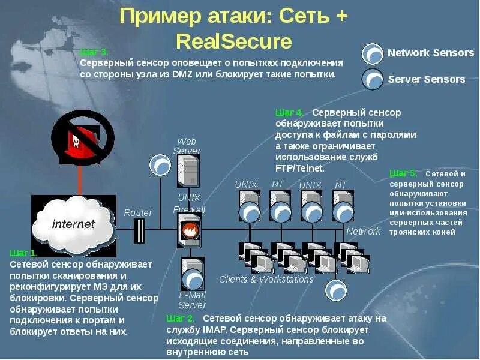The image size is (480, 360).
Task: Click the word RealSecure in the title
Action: click(234, 41)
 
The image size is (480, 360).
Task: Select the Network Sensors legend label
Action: click(430, 53)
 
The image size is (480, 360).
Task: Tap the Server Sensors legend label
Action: click(426, 79)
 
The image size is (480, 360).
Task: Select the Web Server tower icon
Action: click(188, 170)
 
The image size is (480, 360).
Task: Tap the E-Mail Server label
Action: click(192, 300)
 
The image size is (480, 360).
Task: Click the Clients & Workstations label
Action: click(266, 280)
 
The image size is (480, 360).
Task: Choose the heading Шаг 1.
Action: click(23, 253)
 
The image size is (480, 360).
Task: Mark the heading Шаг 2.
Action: click(181, 318)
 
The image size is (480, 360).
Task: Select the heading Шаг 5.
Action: click(403, 173)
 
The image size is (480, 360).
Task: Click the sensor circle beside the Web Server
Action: click(160, 164)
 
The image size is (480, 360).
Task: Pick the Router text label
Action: click(138, 212)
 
